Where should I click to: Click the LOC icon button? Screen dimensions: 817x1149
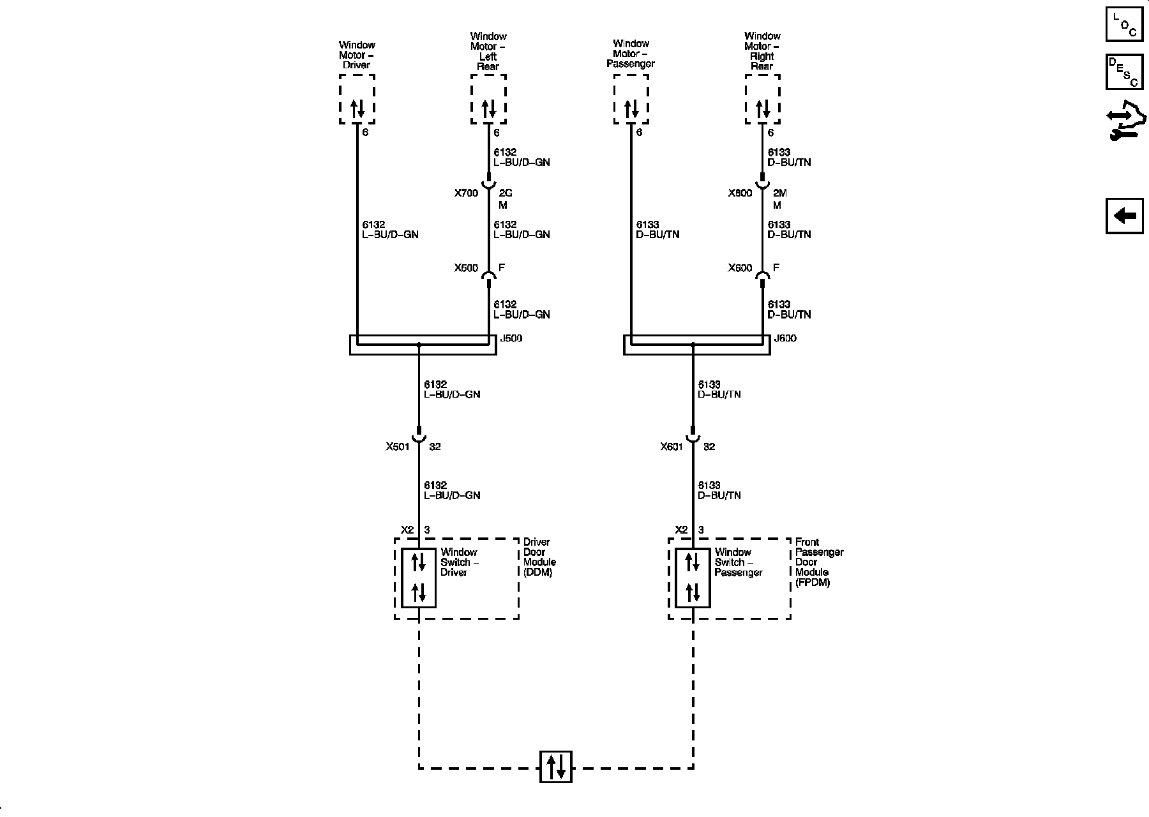coord(1124,24)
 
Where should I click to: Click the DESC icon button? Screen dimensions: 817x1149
coord(1124,71)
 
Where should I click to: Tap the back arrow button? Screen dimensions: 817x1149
coord(1124,216)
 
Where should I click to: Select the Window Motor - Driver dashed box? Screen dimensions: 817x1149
coord(357,100)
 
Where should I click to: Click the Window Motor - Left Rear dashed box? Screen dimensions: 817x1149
coord(488,100)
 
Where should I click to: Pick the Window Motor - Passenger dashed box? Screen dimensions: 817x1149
coord(631,100)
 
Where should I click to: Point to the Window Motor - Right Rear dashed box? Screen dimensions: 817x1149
coord(762,100)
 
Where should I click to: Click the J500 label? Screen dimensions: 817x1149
coord(511,338)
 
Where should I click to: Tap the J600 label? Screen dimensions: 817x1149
coord(785,338)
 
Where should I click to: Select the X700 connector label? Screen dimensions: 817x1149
coord(466,193)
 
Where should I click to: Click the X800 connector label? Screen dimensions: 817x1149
coord(740,193)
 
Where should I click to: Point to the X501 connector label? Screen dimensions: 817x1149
coord(397,447)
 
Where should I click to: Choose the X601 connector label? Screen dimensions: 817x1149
coord(672,447)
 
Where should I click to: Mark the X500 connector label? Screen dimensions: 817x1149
coord(466,268)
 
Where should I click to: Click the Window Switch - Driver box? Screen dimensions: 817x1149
coord(419,578)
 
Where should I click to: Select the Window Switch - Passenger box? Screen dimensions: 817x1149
coord(693,578)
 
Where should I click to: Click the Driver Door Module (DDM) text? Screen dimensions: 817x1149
coord(539,557)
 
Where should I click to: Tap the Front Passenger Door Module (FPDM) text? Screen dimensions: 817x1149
coord(819,562)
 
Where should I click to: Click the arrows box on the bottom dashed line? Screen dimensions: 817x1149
coord(555,767)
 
